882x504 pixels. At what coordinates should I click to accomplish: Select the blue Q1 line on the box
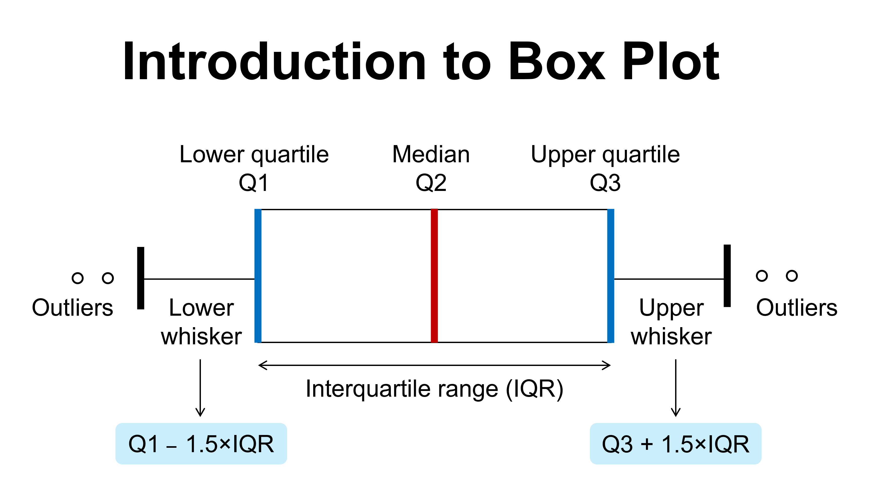(x=258, y=276)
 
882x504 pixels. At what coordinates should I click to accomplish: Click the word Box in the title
(x=557, y=62)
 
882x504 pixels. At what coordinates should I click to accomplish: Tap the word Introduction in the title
(x=274, y=62)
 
